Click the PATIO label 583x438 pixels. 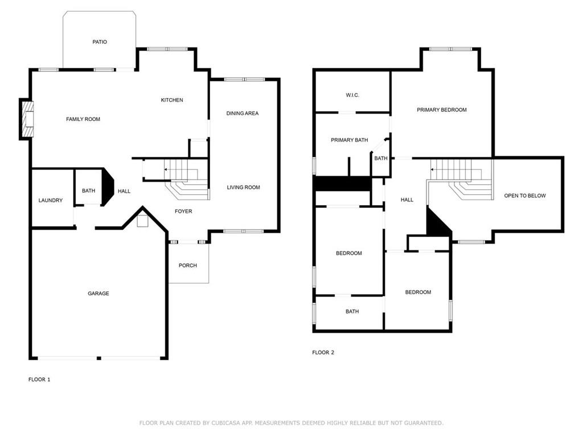tap(100, 42)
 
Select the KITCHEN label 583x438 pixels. tap(172, 100)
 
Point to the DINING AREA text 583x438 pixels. tap(243, 113)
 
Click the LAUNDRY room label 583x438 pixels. tap(51, 200)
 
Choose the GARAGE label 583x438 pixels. tap(98, 294)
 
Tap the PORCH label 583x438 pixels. tap(188, 266)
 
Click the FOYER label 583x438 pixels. tap(184, 212)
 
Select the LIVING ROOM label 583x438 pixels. tap(244, 187)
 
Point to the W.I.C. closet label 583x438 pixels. tap(352, 95)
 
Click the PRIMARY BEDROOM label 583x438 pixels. tap(442, 110)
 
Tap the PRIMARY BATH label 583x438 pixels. tap(350, 140)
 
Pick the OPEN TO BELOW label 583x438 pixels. tap(525, 196)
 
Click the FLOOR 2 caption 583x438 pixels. tap(323, 352)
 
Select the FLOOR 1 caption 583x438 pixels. tap(39, 379)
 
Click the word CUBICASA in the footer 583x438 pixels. tap(225, 423)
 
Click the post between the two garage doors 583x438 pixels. tap(99, 358)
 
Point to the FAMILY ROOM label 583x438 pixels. tap(83, 119)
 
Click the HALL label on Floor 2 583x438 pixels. tap(407, 200)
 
